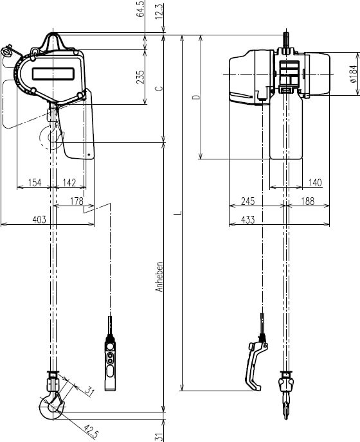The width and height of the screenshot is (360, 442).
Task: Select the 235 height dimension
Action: click(141, 77)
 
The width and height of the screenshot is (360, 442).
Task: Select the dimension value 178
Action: click(76, 202)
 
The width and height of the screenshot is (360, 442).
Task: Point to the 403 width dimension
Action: click(39, 220)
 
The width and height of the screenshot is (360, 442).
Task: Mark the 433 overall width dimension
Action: click(248, 220)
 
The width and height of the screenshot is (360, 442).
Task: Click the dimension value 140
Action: click(314, 183)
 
